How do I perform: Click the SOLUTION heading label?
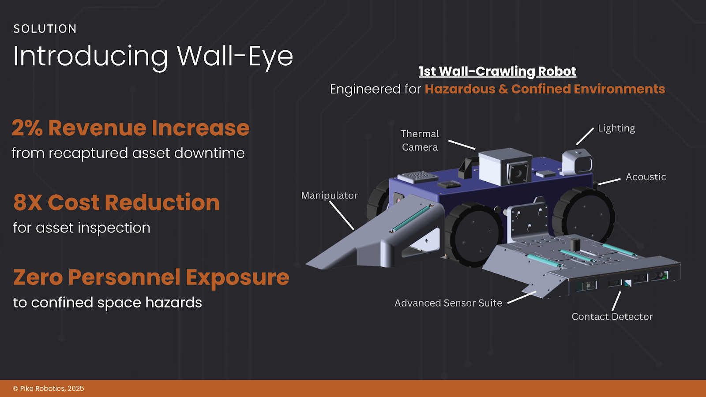point(45,29)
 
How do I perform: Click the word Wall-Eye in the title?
point(235,56)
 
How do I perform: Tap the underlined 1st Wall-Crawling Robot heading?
point(497,71)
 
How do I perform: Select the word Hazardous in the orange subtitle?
point(460,89)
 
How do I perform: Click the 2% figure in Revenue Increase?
point(27,128)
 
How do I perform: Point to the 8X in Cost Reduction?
point(28,203)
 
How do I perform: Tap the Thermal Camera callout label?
point(420,140)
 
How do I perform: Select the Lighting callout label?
point(616,128)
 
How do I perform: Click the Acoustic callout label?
point(646,177)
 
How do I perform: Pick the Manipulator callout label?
point(329,195)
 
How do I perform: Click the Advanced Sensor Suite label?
point(448,303)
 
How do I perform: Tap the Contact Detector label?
point(612,317)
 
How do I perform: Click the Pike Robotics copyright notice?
point(49,389)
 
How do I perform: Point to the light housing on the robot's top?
point(578,161)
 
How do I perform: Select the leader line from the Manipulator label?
point(342,215)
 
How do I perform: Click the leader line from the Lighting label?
point(585,136)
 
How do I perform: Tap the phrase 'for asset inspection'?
point(82,228)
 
